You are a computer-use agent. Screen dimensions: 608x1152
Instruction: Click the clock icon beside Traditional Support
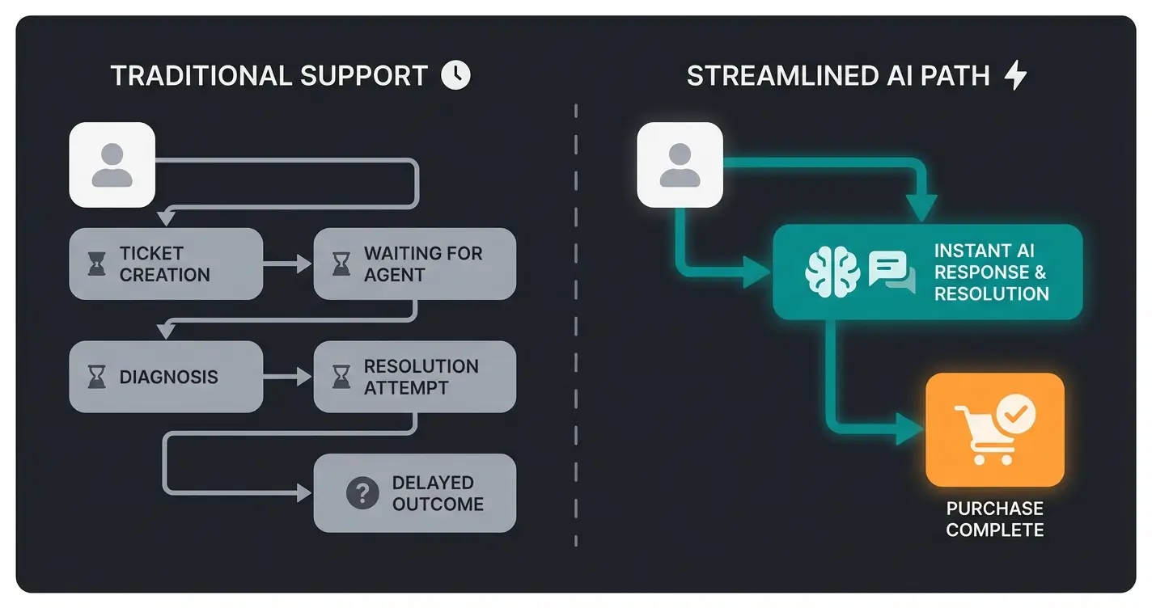coord(455,76)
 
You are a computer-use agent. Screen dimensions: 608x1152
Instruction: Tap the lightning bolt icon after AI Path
coord(1014,76)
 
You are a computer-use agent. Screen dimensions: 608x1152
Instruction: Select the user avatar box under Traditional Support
coord(112,165)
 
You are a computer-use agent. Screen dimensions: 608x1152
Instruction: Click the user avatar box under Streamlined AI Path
coord(680,165)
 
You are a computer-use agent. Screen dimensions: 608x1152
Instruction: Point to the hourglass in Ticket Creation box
coord(97,264)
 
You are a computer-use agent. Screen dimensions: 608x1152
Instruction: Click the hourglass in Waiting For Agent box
coord(341,264)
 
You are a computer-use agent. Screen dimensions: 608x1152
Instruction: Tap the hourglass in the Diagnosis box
coord(97,377)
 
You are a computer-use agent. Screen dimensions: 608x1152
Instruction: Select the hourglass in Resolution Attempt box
coord(341,377)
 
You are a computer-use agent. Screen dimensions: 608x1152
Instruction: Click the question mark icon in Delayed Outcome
coord(362,492)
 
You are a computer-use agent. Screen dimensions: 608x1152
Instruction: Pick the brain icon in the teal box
coord(832,272)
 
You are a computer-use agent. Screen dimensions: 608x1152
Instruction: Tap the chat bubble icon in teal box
coord(891,272)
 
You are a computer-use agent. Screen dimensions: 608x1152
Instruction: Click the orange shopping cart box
coord(994,429)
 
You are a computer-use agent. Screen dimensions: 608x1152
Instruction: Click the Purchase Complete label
coord(994,519)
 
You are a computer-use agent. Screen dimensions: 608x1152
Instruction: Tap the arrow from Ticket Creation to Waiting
coord(289,264)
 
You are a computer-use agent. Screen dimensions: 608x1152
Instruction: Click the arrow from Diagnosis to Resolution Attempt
coord(289,377)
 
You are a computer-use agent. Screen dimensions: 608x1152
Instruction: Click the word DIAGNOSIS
coord(168,377)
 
